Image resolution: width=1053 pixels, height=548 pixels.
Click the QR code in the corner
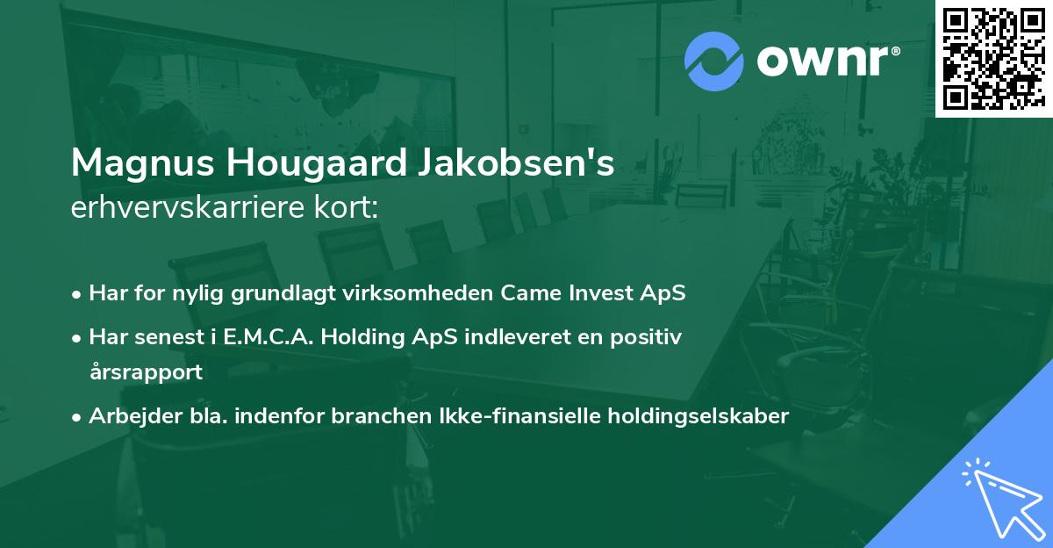pyautogui.click(x=993, y=58)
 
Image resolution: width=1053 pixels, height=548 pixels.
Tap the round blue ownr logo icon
pyautogui.click(x=714, y=61)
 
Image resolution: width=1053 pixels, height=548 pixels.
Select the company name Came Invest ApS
pyautogui.click(x=593, y=293)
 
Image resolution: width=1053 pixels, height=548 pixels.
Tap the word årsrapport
pyautogui.click(x=146, y=371)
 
